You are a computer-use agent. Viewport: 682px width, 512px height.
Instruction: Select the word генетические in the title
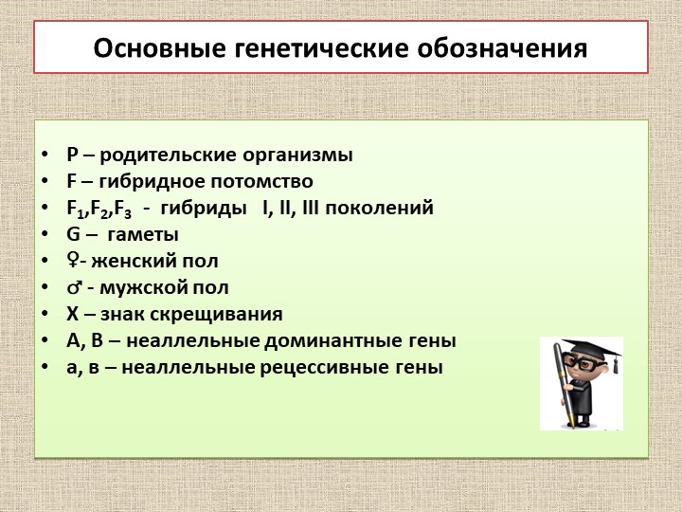pos(315,47)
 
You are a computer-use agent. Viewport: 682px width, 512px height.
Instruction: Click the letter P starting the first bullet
pos(72,155)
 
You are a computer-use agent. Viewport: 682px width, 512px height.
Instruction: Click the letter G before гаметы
pos(73,234)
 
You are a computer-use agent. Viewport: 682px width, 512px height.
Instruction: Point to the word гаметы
pos(143,234)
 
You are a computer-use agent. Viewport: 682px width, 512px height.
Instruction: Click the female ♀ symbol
pos(72,261)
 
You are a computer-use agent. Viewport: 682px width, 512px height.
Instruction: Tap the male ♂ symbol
pos(74,287)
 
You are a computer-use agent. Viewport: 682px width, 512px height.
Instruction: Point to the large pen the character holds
pos(561,389)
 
